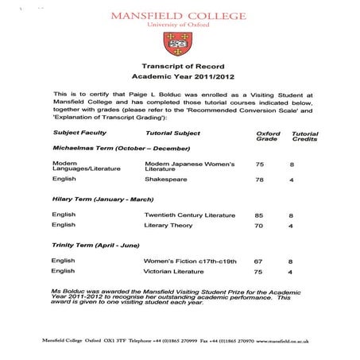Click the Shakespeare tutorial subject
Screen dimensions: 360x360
pyautogui.click(x=165, y=180)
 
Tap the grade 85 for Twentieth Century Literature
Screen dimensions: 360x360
pyautogui.click(x=259, y=215)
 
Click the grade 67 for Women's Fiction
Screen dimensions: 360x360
pyautogui.click(x=258, y=261)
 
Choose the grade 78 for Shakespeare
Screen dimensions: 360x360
pyautogui.click(x=259, y=180)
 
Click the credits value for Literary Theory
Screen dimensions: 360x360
pyautogui.click(x=292, y=226)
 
